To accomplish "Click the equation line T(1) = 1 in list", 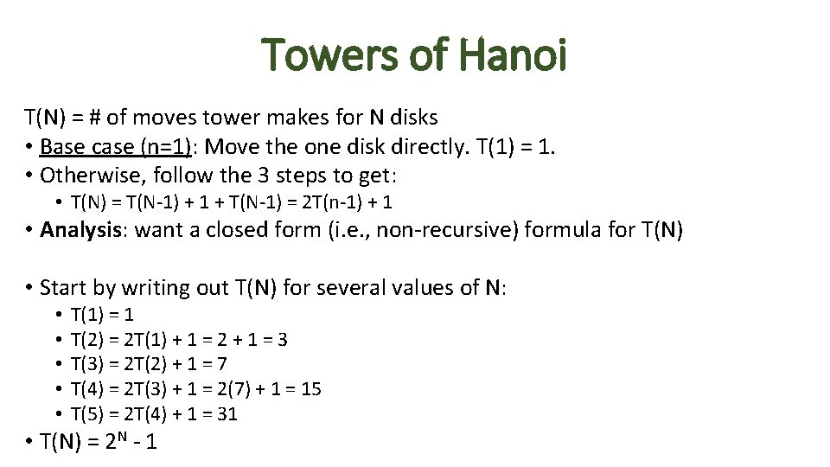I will click(102, 315).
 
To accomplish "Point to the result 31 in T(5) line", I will click(227, 414).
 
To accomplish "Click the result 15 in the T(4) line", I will click(310, 389).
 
